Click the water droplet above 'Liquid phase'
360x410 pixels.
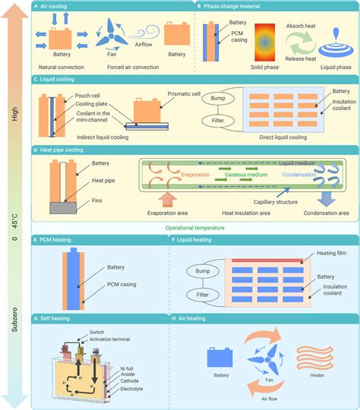[x=335, y=37]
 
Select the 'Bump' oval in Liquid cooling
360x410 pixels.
[x=220, y=99]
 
